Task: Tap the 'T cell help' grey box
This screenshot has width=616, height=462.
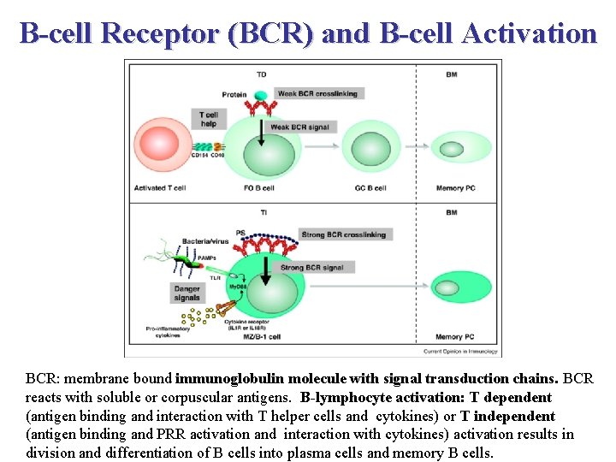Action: pos(208,119)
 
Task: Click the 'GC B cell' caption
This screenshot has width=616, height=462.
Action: pos(370,188)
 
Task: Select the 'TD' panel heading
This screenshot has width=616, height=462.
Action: pos(261,74)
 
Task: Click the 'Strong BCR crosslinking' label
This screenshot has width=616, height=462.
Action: pos(344,234)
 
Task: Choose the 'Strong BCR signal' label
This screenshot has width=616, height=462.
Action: pos(311,267)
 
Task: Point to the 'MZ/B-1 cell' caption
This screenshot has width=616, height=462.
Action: pos(262,339)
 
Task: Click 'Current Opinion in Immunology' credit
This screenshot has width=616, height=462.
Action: pos(460,351)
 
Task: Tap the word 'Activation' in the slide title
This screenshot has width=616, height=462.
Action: pos(528,33)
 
